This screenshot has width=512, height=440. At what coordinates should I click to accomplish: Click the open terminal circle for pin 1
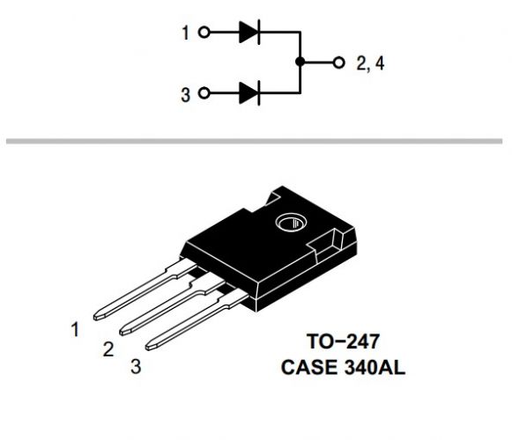click(x=204, y=33)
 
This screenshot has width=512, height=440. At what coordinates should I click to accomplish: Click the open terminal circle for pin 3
click(x=204, y=93)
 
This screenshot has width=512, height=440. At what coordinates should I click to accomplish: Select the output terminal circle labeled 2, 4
click(x=339, y=62)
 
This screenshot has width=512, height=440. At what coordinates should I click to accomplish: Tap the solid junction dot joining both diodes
click(x=300, y=62)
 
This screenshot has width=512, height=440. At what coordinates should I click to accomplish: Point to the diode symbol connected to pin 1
click(x=249, y=32)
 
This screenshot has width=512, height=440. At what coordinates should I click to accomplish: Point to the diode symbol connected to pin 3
click(x=249, y=93)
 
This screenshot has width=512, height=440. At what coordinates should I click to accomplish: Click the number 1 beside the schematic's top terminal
click(x=185, y=33)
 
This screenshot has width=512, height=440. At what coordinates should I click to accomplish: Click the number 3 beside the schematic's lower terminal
click(x=185, y=95)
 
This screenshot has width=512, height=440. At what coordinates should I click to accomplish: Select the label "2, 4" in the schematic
click(x=370, y=63)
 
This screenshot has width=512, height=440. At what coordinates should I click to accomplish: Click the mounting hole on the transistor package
click(x=292, y=223)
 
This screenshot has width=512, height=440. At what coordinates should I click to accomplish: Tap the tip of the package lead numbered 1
click(x=95, y=317)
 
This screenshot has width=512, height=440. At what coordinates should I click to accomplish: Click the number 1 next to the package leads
click(x=75, y=329)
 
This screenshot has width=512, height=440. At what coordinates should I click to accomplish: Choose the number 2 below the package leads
click(x=108, y=349)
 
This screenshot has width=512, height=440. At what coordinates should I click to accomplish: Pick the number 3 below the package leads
click(x=136, y=366)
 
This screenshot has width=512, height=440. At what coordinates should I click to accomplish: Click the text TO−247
click(x=343, y=341)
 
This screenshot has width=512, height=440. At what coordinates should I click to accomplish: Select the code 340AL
click(x=375, y=367)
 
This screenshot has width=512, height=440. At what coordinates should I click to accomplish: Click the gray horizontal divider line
click(x=254, y=141)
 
